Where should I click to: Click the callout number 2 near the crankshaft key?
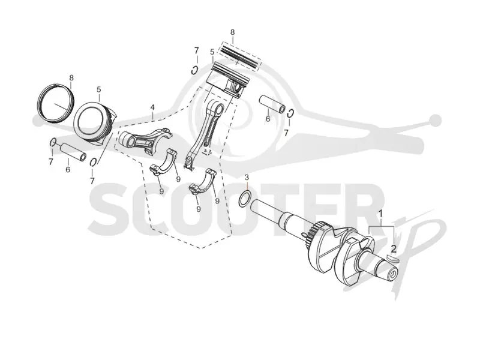(394, 248)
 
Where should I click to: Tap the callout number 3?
(247, 178)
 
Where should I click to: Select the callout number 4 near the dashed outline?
(152, 107)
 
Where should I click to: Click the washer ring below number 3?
(245, 199)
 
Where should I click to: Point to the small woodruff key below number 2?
(392, 259)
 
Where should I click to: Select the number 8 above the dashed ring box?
(232, 32)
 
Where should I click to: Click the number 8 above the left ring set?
(71, 77)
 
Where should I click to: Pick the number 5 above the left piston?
(99, 89)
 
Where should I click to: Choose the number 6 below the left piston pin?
(68, 169)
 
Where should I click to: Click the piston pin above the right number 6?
(272, 104)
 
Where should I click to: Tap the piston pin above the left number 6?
(73, 152)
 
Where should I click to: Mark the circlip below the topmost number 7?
(194, 70)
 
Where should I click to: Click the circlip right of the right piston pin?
(291, 113)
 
